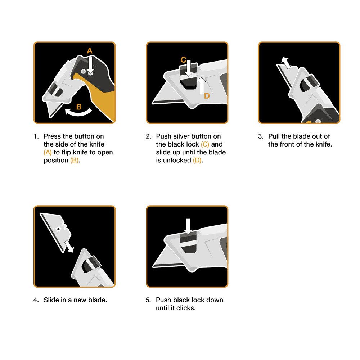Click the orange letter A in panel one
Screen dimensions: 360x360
click(90, 51)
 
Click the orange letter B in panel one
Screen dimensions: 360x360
click(79, 107)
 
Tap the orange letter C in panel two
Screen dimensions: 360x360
click(183, 59)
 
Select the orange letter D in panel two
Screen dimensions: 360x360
click(207, 96)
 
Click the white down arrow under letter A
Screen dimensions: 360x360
click(90, 64)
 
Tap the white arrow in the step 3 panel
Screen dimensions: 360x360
click(285, 62)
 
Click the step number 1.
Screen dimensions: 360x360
click(35, 136)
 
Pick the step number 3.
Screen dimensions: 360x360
click(260, 136)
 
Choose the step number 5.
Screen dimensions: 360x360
click(148, 300)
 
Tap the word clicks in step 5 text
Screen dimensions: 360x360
click(185, 308)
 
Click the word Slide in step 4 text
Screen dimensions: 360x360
click(51, 300)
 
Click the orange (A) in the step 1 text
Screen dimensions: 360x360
click(48, 152)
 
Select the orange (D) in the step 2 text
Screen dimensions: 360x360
click(197, 160)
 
